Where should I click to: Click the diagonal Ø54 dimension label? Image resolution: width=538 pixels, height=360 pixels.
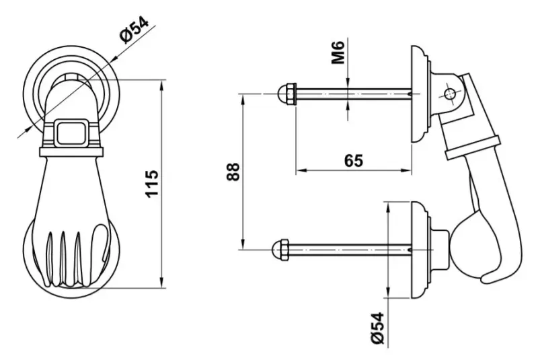pos(135,30)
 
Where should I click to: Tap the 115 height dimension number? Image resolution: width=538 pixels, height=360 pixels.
pos(152,183)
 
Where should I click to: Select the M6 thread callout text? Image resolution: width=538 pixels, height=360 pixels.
pos(338,52)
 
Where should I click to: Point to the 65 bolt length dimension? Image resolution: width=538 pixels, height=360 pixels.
pos(354,160)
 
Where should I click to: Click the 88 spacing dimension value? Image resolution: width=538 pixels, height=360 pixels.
pos(233,172)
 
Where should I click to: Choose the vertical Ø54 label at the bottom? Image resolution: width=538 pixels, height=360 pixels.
pos(377,328)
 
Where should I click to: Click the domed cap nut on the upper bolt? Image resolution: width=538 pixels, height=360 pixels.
pos(286,94)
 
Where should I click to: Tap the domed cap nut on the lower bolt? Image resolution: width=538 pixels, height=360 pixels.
pos(280,250)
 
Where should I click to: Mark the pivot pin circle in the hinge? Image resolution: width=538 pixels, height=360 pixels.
pos(449,94)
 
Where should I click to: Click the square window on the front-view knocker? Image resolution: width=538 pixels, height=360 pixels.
pos(72,132)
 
